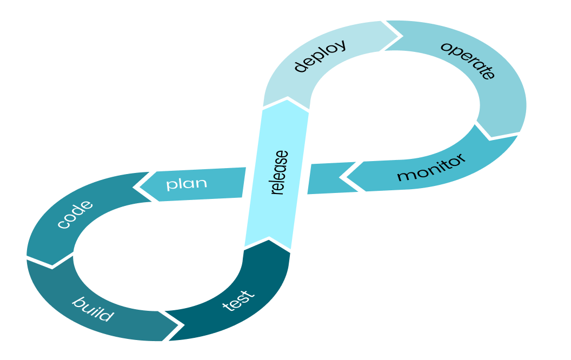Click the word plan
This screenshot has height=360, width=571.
[x=187, y=183]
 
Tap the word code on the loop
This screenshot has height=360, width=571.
[x=75, y=215]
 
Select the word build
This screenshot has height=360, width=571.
[x=93, y=309]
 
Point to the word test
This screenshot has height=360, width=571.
[x=238, y=301]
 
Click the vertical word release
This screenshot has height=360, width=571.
[x=279, y=172]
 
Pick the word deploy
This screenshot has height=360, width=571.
[x=320, y=56]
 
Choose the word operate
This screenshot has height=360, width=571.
[x=468, y=60]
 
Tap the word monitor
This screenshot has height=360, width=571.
[x=431, y=169]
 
